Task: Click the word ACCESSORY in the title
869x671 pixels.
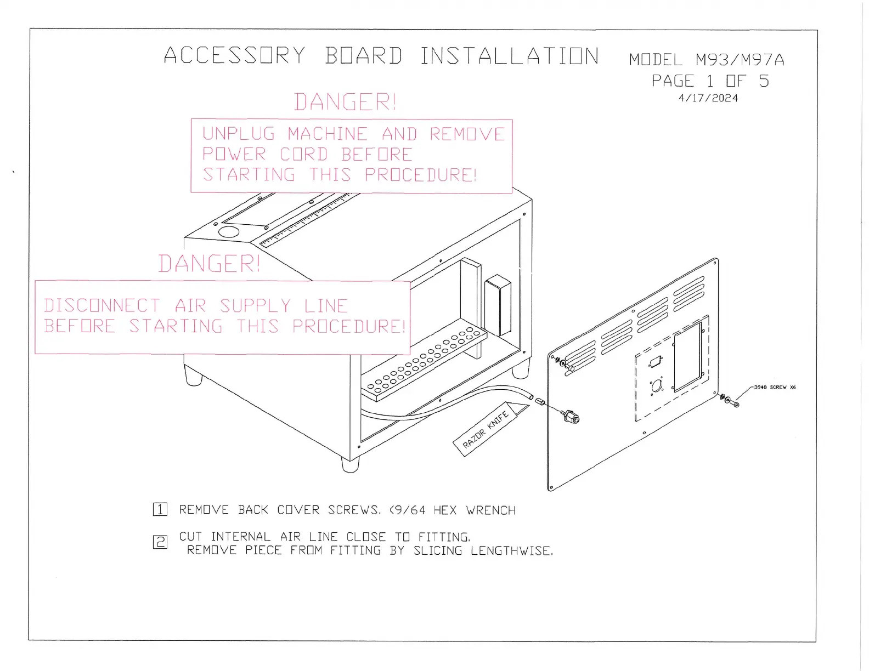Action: click(x=234, y=56)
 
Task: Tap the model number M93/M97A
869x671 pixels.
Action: click(x=740, y=60)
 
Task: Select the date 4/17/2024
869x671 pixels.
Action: click(x=708, y=99)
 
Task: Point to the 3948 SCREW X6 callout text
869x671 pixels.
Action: click(x=775, y=387)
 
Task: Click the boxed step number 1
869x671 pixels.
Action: click(x=160, y=510)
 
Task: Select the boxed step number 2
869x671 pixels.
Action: click(x=160, y=543)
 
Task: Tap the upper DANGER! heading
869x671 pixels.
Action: click(x=345, y=103)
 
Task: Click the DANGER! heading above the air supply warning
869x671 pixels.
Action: click(x=209, y=264)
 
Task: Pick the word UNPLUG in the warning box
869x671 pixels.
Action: click(x=239, y=134)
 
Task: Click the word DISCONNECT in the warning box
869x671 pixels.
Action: click(x=102, y=306)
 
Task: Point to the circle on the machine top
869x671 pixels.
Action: click(x=229, y=231)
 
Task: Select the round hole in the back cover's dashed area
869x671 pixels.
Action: click(x=657, y=386)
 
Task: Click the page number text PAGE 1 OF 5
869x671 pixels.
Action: click(x=710, y=82)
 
